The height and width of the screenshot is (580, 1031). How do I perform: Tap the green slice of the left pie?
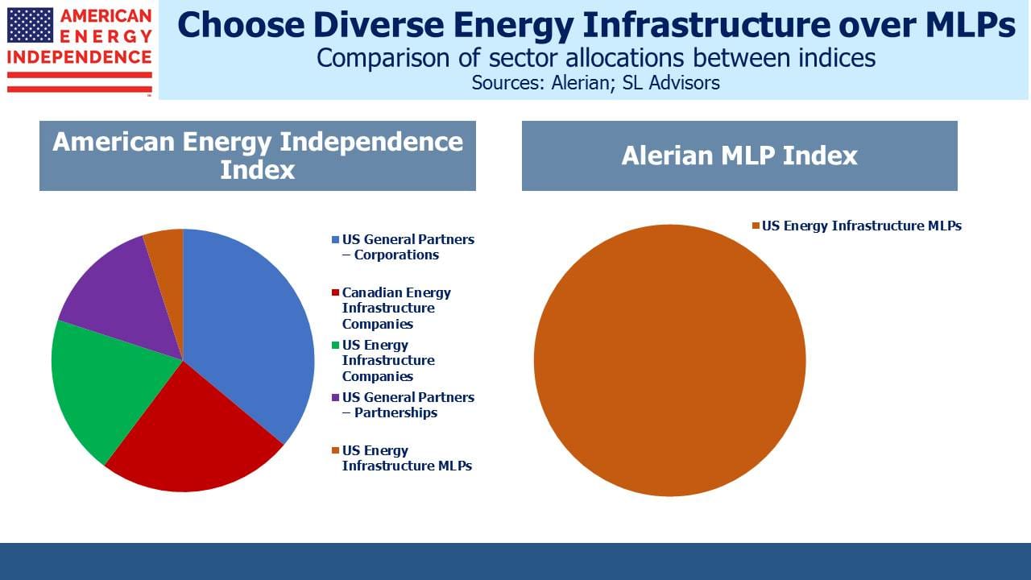click(x=110, y=387)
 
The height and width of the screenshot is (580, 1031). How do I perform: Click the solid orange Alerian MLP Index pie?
click(x=669, y=360)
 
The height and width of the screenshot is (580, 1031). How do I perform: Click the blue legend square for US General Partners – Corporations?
click(x=335, y=240)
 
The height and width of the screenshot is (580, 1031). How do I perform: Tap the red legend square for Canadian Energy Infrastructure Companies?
click(x=335, y=292)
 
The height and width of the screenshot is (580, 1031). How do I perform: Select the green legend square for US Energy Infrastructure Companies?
click(x=335, y=346)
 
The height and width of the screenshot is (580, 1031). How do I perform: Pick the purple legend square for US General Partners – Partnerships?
click(x=335, y=398)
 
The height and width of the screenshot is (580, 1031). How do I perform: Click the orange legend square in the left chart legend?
click(x=335, y=450)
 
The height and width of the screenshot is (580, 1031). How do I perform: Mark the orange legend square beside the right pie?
click(x=756, y=226)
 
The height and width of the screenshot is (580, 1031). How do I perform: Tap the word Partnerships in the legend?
click(x=395, y=413)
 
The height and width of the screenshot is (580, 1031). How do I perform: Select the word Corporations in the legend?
click(x=396, y=255)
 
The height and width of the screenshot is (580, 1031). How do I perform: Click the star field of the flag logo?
click(x=31, y=25)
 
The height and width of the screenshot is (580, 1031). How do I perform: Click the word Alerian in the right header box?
click(x=668, y=155)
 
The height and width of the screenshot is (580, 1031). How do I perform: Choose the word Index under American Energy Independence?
click(x=257, y=170)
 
